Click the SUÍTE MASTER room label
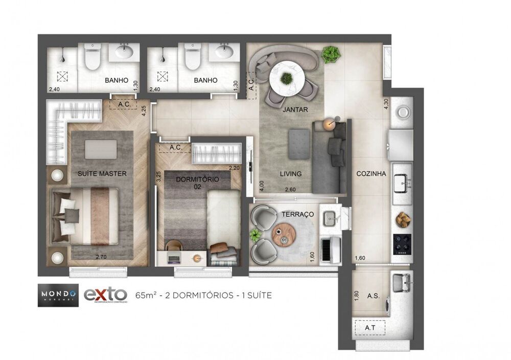102,173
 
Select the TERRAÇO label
297,214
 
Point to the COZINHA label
370,174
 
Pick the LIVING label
291,174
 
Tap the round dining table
287,77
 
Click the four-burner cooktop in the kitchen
402,244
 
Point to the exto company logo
105,295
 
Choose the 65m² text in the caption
146,295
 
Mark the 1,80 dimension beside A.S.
356,297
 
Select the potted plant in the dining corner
331,52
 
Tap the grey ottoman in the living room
299,143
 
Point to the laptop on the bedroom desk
174,258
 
